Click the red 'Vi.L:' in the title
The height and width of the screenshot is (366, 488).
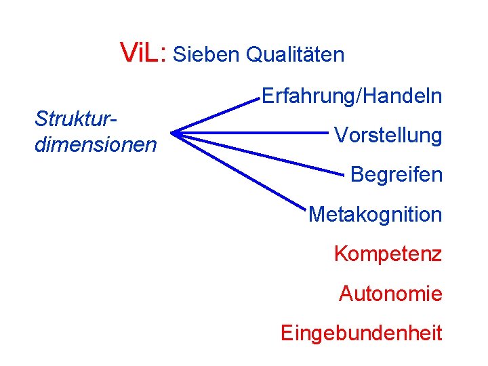click(x=143, y=52)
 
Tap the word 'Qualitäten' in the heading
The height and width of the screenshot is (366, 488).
click(x=295, y=54)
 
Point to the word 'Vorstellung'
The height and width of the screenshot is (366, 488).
click(x=388, y=136)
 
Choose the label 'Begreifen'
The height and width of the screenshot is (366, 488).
click(x=396, y=175)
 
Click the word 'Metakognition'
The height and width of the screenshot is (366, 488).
click(x=375, y=215)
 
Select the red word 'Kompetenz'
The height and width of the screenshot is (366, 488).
click(x=388, y=254)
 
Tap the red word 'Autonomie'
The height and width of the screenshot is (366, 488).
click(x=390, y=293)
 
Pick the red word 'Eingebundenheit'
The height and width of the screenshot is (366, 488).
click(x=361, y=333)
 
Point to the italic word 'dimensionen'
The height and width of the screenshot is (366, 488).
click(x=95, y=144)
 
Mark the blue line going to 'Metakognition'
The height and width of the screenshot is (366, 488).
click(x=237, y=169)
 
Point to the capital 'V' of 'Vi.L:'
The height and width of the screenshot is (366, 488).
click(x=127, y=52)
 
